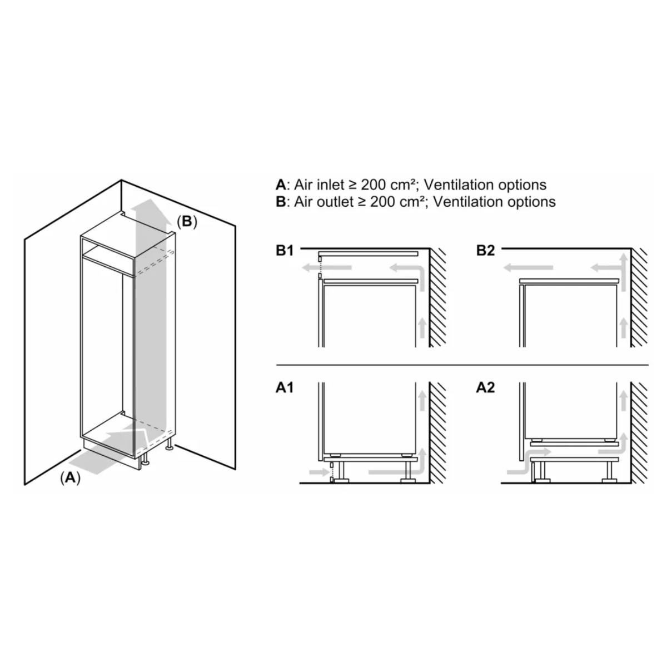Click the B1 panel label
coord(285,250)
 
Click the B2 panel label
coord(485,250)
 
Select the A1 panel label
coord(285,387)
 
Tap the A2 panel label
coord(485,387)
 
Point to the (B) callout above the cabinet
coord(187,221)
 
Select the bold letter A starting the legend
coord(281,185)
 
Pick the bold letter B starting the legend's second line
coord(280,201)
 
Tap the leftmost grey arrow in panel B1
coord(327,267)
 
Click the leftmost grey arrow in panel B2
coord(527,267)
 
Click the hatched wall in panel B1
coord(437,297)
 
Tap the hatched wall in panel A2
coord(639,432)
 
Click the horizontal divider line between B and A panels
coord(462,365)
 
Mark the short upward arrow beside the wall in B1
coord(421,327)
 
